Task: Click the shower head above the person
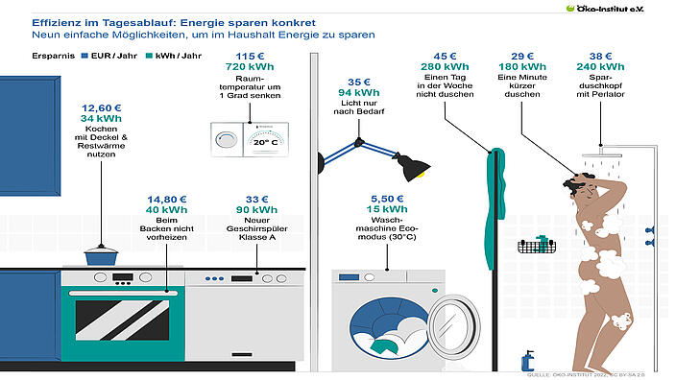606,151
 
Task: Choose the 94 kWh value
358,93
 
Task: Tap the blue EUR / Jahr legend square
84,56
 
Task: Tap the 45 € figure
445,55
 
